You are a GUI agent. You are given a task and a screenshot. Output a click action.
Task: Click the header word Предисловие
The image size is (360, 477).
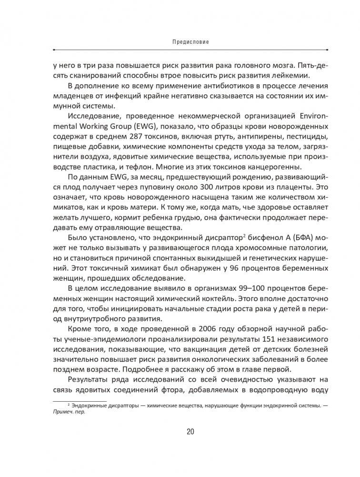190,42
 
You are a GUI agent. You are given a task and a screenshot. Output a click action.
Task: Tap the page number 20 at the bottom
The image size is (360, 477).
190,432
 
